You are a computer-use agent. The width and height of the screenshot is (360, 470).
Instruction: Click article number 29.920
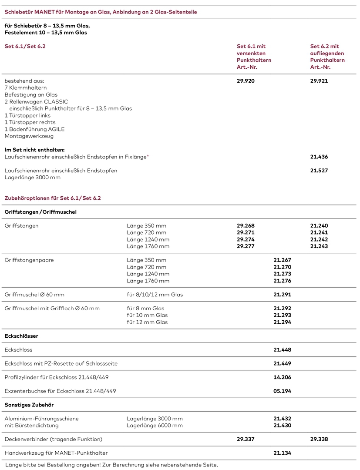click(246, 81)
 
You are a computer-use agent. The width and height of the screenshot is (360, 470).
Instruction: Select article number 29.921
click(319, 81)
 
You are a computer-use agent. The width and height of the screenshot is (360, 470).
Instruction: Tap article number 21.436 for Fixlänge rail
click(319, 157)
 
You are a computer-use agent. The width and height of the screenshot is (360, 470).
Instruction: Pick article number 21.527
click(319, 171)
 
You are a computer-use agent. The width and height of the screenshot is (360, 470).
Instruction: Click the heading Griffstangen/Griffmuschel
click(40, 212)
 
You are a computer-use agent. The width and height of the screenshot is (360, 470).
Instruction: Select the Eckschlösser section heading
click(21, 336)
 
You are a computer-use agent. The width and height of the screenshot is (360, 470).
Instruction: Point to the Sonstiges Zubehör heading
click(29, 405)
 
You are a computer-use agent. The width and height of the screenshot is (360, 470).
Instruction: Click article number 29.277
click(246, 246)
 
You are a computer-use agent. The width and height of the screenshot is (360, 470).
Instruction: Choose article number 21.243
click(319, 246)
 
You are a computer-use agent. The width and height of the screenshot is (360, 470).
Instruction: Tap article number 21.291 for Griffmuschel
click(282, 295)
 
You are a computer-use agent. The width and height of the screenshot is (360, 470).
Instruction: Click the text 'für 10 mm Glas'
click(147, 315)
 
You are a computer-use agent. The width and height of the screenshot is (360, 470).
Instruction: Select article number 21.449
click(282, 363)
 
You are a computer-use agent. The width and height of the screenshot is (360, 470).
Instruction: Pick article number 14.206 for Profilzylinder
click(282, 377)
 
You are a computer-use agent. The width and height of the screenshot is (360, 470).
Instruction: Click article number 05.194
click(282, 391)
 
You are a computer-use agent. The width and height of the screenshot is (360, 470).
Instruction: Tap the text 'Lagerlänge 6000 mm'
click(155, 426)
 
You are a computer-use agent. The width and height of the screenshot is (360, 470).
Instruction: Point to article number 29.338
click(319, 439)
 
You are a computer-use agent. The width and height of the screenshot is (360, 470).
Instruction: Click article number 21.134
click(282, 453)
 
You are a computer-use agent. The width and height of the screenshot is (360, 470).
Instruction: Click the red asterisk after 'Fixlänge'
click(148, 156)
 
